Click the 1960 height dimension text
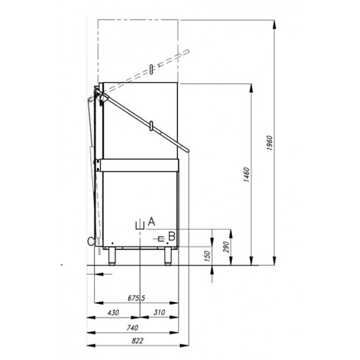pyautogui.click(x=270, y=143)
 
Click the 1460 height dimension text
pyautogui.click(x=246, y=175)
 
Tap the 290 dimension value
pyautogui.click(x=226, y=247)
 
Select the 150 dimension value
pyautogui.click(x=207, y=256)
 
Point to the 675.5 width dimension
pyautogui.click(x=136, y=298)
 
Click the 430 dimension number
pyautogui.click(x=113, y=312)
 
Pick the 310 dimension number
pyautogui.click(x=159, y=312)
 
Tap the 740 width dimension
pyautogui.click(x=132, y=327)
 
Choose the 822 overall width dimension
pyautogui.click(x=137, y=341)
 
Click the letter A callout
pyautogui.click(x=152, y=221)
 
